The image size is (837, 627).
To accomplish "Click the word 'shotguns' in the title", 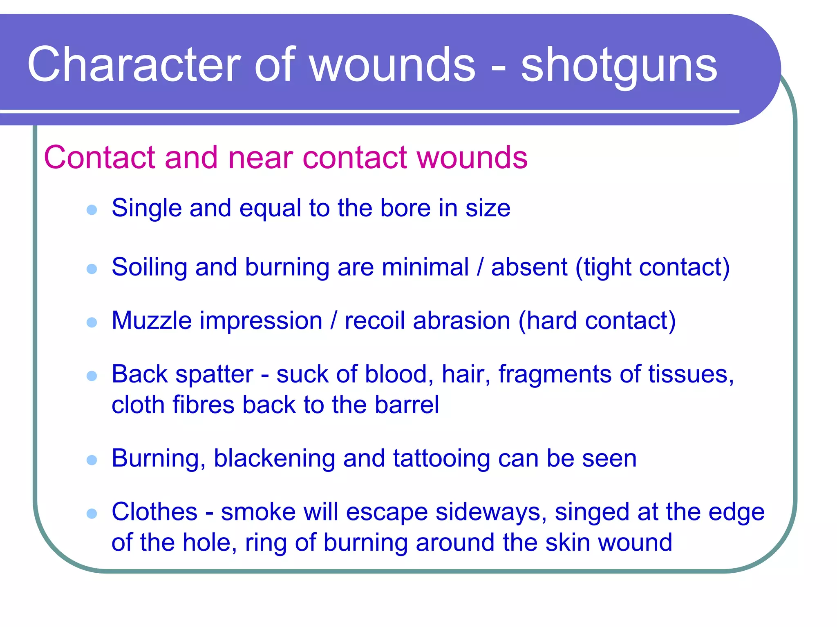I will tap(619, 65).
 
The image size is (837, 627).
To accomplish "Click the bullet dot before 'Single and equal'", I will tap(92, 210).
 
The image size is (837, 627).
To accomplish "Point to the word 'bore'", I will tap(405, 208).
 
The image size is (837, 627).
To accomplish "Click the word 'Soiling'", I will tap(149, 268).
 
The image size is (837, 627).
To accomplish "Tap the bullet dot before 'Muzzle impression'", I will tap(92, 322).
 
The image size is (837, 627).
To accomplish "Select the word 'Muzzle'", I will tap(151, 320).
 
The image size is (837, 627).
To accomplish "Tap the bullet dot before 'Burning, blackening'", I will tap(92, 460).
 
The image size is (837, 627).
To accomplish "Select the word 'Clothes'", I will tap(154, 512).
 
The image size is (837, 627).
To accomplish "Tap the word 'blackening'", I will tap(274, 458).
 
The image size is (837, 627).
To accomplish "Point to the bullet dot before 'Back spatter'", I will tap(92, 376).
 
